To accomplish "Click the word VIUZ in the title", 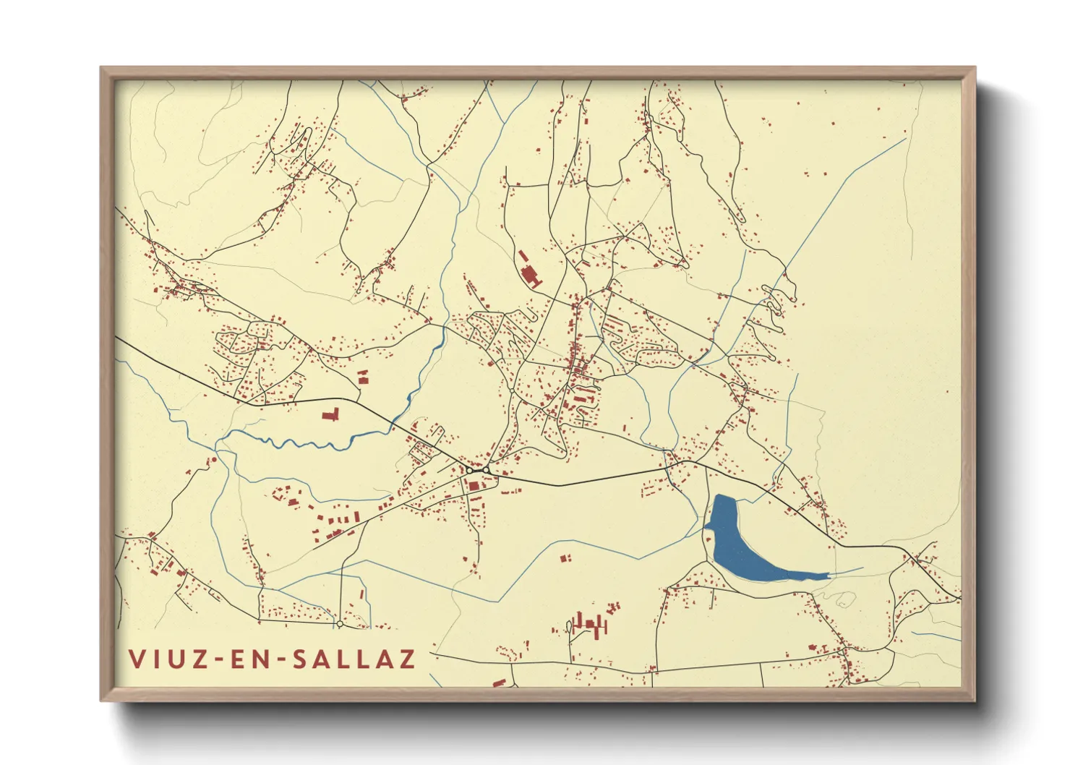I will (163, 659).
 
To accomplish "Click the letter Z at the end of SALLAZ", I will (407, 659).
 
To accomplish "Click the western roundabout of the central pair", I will (469, 470).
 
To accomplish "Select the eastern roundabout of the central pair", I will (487, 471).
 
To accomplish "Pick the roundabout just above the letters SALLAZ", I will (339, 623).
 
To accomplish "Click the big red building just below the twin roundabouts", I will (474, 485).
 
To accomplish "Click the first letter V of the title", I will (135, 659).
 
